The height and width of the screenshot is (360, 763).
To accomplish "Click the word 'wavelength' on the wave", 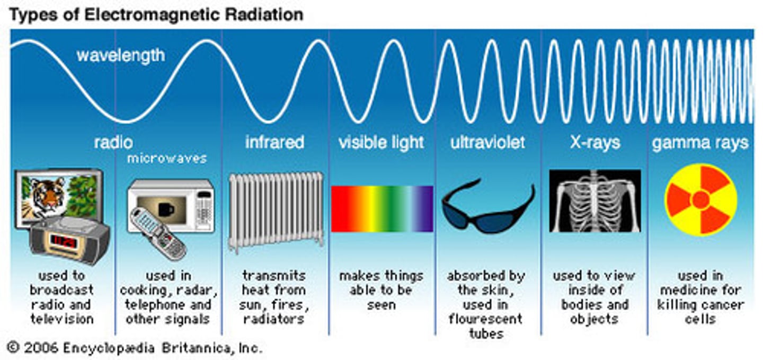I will tap(120, 55).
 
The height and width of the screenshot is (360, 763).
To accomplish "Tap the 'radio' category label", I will tap(113, 142).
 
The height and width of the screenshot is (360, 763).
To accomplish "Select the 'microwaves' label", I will tap(167, 159).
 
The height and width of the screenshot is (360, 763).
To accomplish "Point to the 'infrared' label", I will tap(274, 142).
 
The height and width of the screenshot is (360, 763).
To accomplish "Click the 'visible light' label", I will tap(381, 142).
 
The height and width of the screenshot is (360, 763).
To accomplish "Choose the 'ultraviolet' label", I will tap(487, 142).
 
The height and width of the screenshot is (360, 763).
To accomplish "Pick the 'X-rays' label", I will tap(595, 142).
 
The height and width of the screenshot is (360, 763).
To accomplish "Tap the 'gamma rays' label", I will tap(700, 143).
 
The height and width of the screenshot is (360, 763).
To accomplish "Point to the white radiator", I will tap(276, 209).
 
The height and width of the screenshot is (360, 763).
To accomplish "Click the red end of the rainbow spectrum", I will tap(339, 209).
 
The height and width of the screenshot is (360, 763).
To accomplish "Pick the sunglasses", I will tap(487, 207).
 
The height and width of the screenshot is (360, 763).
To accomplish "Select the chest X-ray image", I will tap(595, 201).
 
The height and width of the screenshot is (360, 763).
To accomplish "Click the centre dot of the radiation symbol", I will tap(700, 200).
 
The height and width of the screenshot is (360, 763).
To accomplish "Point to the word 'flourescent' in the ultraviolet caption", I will tap(485, 319).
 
